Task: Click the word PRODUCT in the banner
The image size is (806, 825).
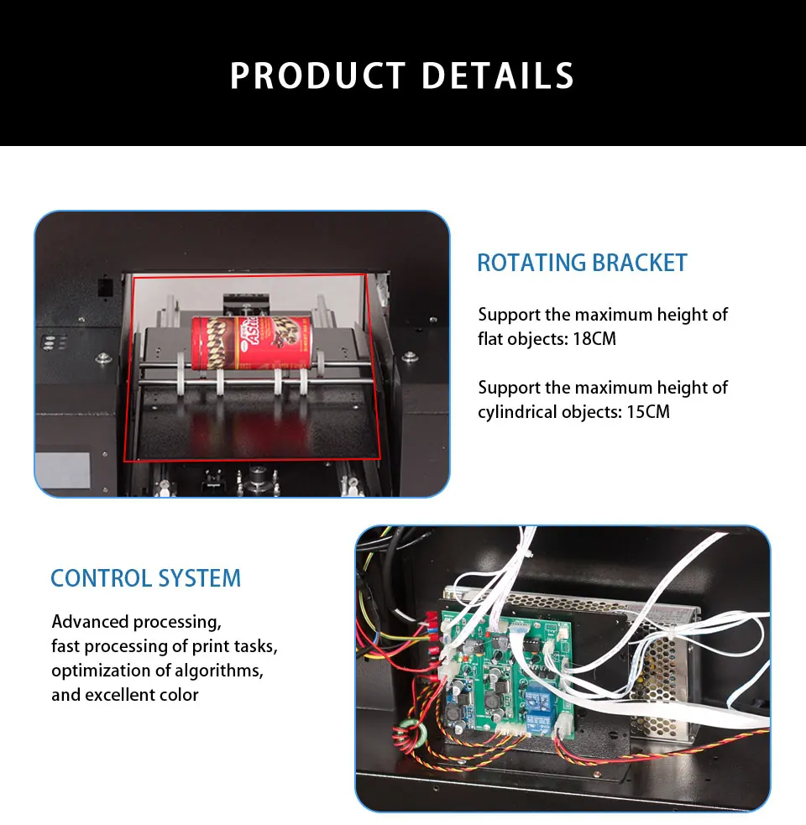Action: [318, 76]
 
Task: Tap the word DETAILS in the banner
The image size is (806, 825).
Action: [498, 76]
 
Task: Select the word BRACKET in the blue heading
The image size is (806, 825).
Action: [639, 263]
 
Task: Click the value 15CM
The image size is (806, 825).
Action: [648, 412]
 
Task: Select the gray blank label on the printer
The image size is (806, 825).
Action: [62, 469]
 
